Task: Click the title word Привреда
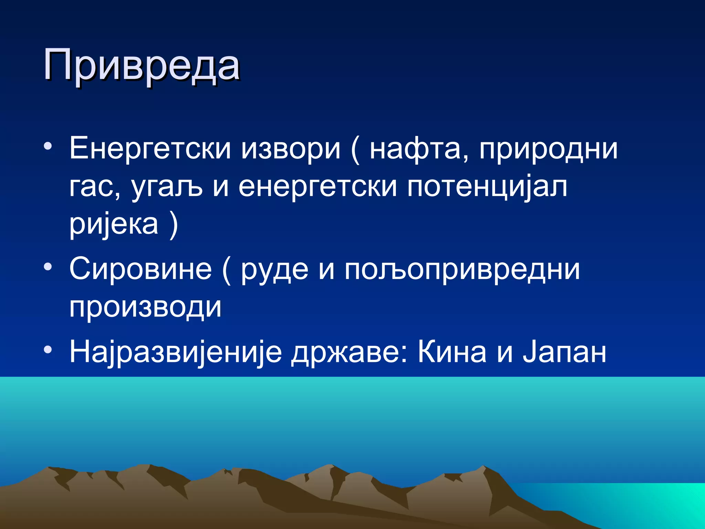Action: [141, 65]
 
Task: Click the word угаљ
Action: [167, 187]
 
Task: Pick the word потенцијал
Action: [487, 187]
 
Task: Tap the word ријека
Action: [114, 224]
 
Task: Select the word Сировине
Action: [140, 269]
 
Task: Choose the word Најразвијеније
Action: [176, 352]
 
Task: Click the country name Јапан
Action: [565, 352]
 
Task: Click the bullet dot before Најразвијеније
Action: [48, 350]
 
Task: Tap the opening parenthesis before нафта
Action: [355, 150]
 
